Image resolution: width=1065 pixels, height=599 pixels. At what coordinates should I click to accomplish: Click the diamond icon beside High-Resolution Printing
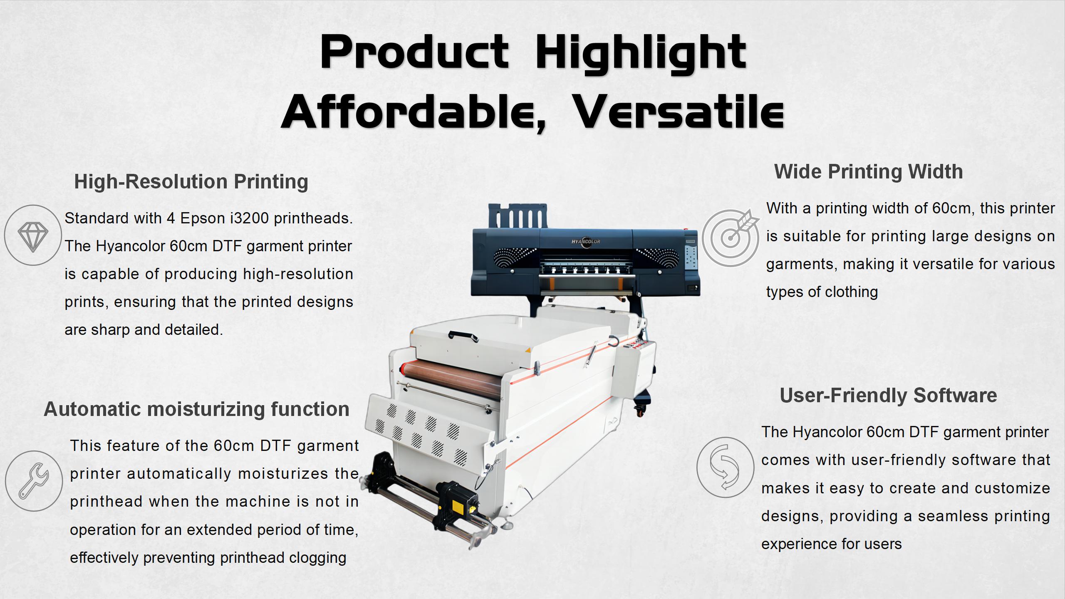(x=33, y=235)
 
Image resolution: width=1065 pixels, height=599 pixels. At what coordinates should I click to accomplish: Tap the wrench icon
(x=34, y=481)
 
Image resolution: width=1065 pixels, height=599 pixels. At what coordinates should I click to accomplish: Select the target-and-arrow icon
(x=731, y=237)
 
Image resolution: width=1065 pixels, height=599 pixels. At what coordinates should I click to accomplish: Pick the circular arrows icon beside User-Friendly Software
(x=725, y=467)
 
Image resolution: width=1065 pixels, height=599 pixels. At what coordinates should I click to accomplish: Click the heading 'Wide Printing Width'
(x=868, y=171)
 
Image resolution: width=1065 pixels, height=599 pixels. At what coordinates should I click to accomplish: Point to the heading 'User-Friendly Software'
(x=888, y=395)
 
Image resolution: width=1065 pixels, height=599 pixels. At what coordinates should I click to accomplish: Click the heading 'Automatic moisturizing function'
(x=196, y=409)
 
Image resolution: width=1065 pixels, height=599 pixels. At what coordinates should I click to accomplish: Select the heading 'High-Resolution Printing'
(x=191, y=181)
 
